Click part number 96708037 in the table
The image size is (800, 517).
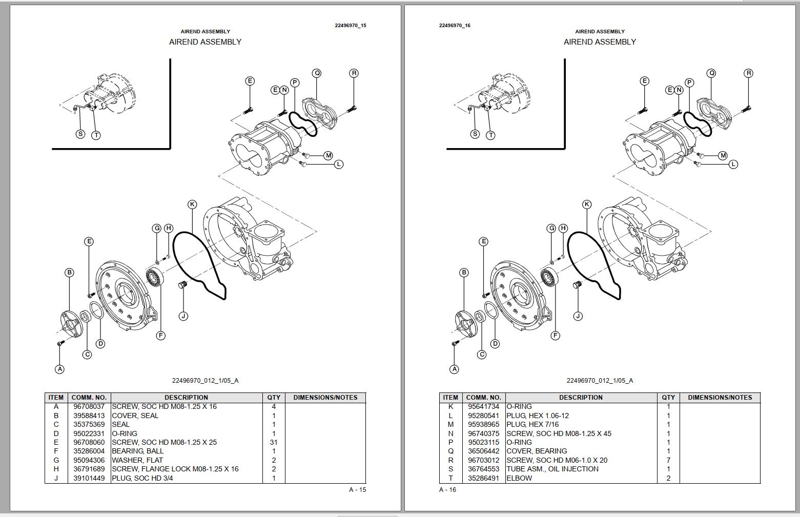[x=89, y=406]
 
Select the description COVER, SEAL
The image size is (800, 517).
[x=135, y=416]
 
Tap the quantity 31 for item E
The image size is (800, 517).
[x=274, y=442]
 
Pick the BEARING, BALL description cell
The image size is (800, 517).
[x=138, y=451]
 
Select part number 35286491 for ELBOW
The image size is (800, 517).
[x=483, y=478]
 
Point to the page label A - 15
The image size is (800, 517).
[x=357, y=490]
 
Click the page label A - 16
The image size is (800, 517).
[x=447, y=490]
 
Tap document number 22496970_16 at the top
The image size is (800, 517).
[x=455, y=25]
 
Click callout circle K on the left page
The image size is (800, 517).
[x=192, y=204]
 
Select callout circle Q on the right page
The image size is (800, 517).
[x=711, y=73]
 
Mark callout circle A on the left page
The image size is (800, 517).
[x=59, y=369]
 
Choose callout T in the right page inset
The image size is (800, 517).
[x=490, y=135]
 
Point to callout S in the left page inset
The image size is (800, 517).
[x=80, y=134]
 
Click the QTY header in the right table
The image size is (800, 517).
[x=668, y=397]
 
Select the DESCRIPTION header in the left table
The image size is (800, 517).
[x=186, y=397]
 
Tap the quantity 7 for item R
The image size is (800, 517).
[x=668, y=460]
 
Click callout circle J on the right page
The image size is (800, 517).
[x=578, y=316]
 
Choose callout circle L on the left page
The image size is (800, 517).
[x=339, y=164]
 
